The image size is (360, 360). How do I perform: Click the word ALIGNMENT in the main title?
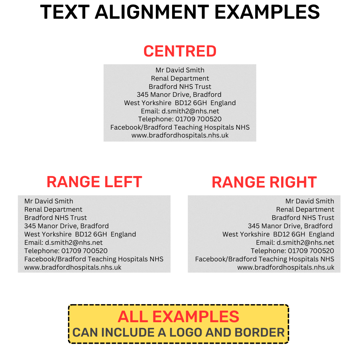point(152,12)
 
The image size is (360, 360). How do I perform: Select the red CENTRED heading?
point(180,51)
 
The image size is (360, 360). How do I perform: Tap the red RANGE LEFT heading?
point(94,182)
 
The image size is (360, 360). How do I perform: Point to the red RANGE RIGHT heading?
point(264,182)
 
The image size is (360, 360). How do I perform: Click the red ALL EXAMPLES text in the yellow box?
point(179,316)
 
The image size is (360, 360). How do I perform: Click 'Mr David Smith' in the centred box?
point(180,70)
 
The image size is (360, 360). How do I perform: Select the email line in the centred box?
point(180,111)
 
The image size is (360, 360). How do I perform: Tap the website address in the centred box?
point(180,135)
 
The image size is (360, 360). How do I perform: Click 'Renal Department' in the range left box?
point(53,210)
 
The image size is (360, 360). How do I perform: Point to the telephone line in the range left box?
point(66,251)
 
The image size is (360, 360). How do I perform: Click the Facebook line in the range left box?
point(94,259)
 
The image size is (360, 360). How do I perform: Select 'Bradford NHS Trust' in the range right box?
point(303,218)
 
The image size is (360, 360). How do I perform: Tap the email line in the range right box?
point(295,242)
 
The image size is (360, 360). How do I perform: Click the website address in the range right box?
point(286,267)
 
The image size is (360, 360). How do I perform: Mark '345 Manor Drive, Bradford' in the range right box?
point(290,226)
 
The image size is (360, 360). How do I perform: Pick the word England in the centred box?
point(223,103)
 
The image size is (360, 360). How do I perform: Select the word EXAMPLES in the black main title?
point(267,12)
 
